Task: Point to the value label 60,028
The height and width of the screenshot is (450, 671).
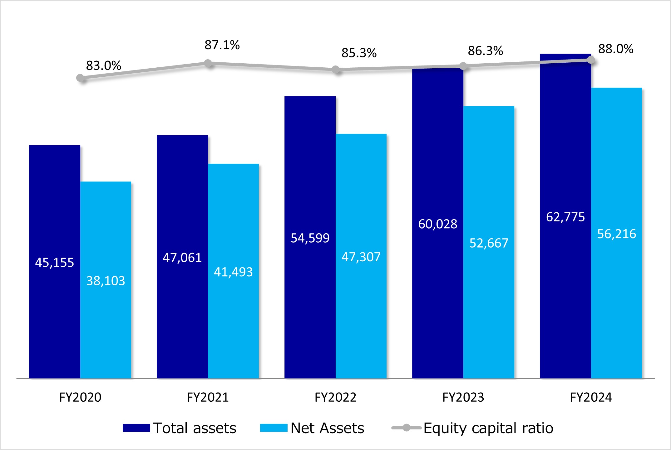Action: tap(438, 224)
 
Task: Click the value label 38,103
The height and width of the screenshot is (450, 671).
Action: tap(106, 281)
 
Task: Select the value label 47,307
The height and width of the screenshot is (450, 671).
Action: tap(361, 257)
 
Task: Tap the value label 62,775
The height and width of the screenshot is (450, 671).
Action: tap(565, 217)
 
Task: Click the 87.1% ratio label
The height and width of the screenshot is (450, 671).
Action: tap(222, 45)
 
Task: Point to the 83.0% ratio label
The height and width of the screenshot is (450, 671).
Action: tap(103, 66)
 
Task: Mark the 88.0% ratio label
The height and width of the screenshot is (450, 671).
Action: tap(616, 49)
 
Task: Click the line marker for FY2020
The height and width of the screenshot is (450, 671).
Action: tap(80, 78)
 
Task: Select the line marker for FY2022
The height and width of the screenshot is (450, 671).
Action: tap(336, 69)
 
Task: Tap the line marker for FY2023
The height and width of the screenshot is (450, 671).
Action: tap(463, 66)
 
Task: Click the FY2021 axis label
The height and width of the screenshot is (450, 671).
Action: tap(208, 397)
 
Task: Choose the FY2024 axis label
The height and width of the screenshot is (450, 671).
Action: tap(591, 397)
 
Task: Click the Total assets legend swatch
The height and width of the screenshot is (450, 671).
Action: tap(136, 428)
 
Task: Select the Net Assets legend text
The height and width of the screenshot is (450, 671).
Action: tap(327, 428)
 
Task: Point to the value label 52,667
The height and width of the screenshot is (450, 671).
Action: tap(489, 243)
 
